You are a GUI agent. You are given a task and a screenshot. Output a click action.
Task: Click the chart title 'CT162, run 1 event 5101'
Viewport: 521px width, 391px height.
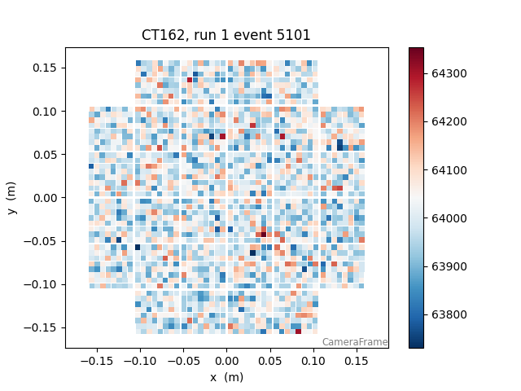(x=226, y=35)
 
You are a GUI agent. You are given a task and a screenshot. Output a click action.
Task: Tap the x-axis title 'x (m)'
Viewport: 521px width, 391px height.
(x=226, y=377)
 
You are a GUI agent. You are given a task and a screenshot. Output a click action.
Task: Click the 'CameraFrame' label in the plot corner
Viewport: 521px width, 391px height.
(x=355, y=342)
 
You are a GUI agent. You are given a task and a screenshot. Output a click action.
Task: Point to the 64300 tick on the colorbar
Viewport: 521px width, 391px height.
(x=449, y=73)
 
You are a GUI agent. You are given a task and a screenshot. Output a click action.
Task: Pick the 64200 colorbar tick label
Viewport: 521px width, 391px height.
(x=449, y=121)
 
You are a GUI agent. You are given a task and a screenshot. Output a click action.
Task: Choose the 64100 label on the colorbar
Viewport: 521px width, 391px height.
(x=449, y=170)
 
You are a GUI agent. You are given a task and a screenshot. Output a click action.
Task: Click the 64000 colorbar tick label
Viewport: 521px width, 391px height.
(x=449, y=218)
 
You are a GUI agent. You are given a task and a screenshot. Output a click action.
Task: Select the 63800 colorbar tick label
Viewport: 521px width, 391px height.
(x=449, y=314)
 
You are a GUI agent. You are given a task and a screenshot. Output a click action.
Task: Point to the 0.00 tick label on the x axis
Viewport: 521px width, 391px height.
(x=226, y=360)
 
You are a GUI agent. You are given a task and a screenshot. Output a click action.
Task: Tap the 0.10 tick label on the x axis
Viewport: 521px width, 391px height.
(x=313, y=360)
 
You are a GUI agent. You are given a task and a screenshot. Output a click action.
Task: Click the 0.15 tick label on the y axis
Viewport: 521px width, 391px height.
(x=45, y=68)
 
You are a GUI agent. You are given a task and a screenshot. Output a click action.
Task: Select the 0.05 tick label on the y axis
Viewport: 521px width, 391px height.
(x=45, y=154)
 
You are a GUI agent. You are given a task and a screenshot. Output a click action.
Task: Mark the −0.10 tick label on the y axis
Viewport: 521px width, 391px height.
(x=42, y=284)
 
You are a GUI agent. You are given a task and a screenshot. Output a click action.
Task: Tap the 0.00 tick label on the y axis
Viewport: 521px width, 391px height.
(x=45, y=198)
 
